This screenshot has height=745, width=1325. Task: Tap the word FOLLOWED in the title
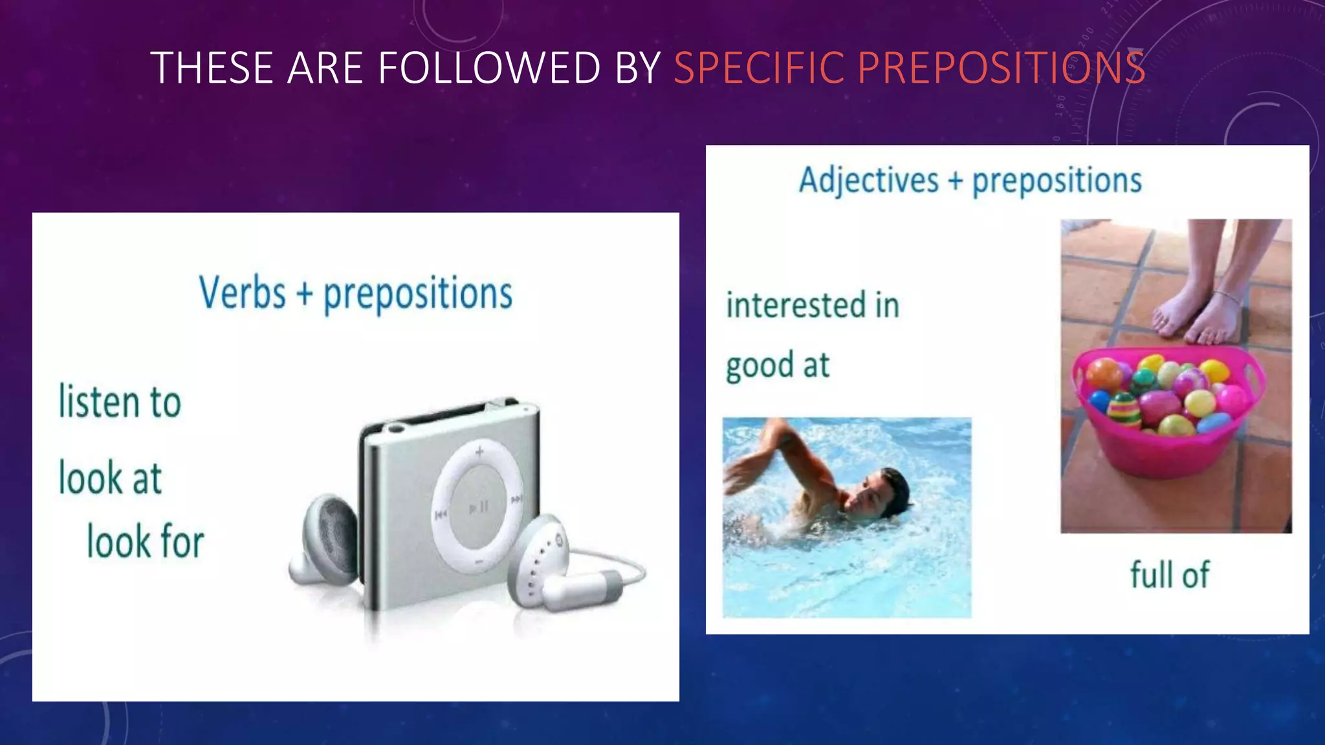[489, 67]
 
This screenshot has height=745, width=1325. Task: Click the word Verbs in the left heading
[242, 293]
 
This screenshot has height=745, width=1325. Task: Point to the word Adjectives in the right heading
[868, 180]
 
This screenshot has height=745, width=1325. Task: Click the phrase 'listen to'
[120, 402]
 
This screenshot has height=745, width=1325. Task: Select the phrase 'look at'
[110, 478]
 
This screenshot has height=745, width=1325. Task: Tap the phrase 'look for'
[146, 541]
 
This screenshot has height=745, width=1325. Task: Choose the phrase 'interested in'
[813, 305]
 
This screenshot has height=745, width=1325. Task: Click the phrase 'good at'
[777, 365]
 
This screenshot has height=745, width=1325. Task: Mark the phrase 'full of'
[1169, 574]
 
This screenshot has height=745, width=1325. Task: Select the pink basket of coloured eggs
[1165, 414]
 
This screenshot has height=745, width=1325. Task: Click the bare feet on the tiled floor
[1197, 310]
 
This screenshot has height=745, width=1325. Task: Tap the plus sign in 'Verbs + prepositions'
[304, 294]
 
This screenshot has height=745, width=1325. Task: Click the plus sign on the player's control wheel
[479, 451]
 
